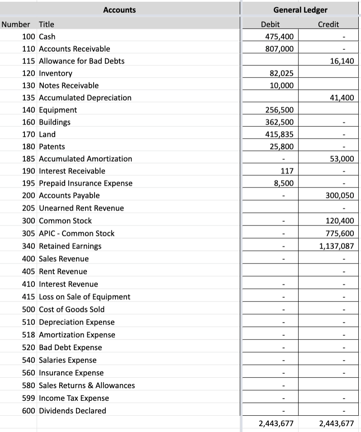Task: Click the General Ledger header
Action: click(300, 10)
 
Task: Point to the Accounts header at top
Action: click(119, 10)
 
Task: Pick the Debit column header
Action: click(271, 24)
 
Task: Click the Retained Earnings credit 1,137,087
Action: click(335, 246)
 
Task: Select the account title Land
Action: click(47, 134)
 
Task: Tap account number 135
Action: click(29, 97)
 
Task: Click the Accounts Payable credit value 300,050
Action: click(339, 195)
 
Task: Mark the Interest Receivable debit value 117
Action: click(286, 171)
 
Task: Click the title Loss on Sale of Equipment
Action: click(85, 297)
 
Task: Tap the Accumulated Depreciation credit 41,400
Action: click(342, 97)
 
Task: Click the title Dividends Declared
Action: click(72, 411)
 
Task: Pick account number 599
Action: click(29, 398)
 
